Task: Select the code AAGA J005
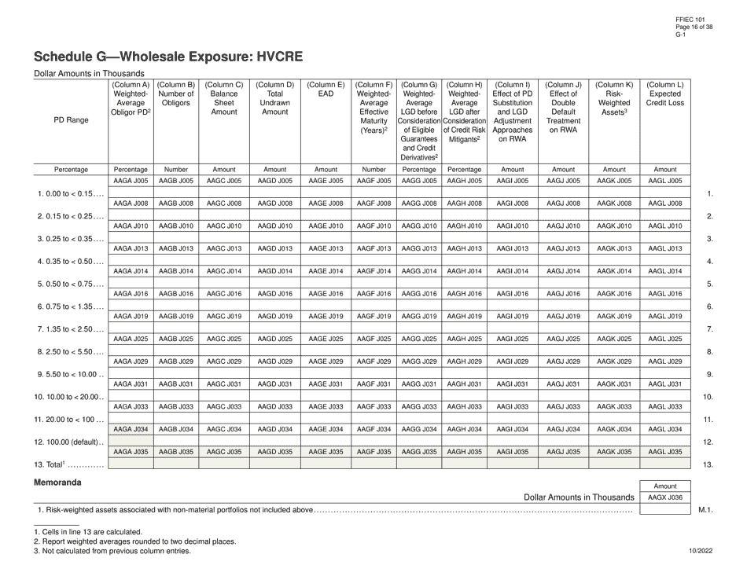(x=131, y=181)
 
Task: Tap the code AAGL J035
(x=665, y=452)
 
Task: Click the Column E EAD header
(x=326, y=94)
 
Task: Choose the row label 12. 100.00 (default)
(x=69, y=442)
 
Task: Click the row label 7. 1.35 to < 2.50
(x=69, y=329)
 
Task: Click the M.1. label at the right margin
(x=705, y=511)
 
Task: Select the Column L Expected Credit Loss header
(x=665, y=94)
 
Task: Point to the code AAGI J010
(x=512, y=226)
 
